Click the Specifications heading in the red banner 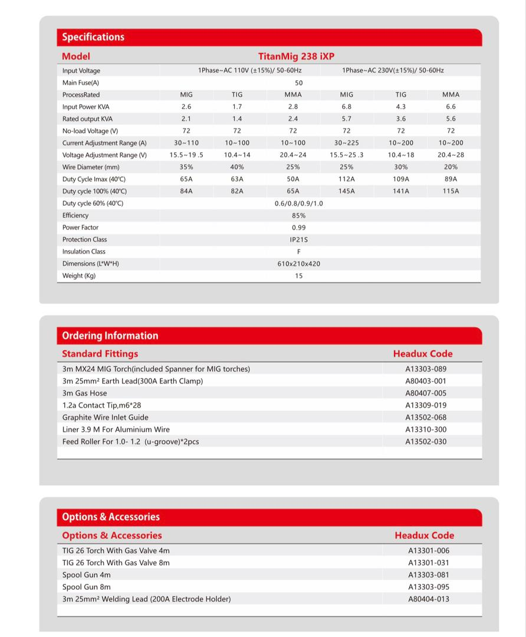[x=93, y=37]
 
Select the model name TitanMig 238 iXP [x=296, y=57]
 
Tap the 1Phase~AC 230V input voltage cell [x=393, y=71]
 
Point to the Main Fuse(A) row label [x=81, y=83]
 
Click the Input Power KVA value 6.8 [x=346, y=107]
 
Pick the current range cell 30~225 [x=346, y=143]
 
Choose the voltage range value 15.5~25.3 [x=346, y=155]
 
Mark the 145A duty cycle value [x=346, y=191]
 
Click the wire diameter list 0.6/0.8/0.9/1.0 [x=298, y=203]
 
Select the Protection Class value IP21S [x=298, y=239]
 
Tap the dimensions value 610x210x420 [x=298, y=264]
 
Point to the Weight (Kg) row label [x=79, y=276]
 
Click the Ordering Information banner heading [x=110, y=336]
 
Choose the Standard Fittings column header [x=100, y=354]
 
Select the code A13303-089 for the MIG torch [x=426, y=369]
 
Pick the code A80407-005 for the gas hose [x=426, y=393]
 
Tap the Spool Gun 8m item [x=87, y=587]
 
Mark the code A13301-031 [x=429, y=563]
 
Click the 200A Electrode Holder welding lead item [x=146, y=599]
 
